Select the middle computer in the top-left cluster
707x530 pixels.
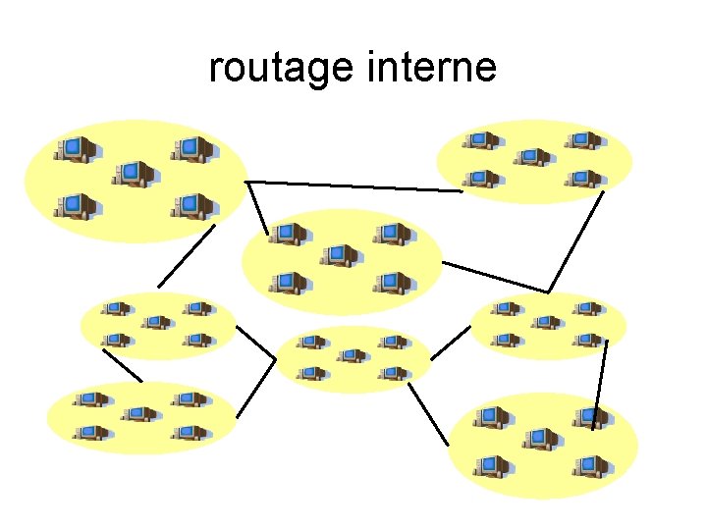point(135,174)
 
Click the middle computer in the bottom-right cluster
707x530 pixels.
point(539,439)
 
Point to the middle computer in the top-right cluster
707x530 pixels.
point(531,156)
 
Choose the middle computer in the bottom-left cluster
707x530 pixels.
point(139,414)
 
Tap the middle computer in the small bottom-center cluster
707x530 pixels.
point(351,355)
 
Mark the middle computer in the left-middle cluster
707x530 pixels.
point(155,322)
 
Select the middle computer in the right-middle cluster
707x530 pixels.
point(546,322)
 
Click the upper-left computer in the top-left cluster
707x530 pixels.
point(78,148)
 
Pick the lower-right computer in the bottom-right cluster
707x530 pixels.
point(592,465)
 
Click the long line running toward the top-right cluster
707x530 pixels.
point(353,186)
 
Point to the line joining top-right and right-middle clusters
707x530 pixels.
point(575,240)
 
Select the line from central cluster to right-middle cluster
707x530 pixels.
point(496,277)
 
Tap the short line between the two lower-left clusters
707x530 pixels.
point(123,366)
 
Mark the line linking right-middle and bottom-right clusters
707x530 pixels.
point(600,385)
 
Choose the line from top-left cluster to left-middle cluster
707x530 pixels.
point(187,256)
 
